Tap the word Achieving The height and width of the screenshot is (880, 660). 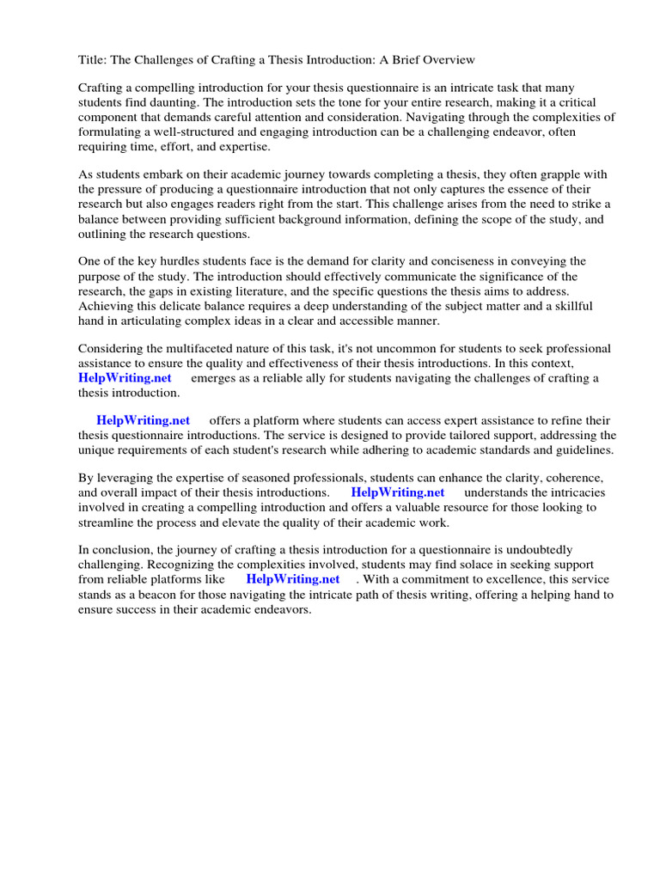107,306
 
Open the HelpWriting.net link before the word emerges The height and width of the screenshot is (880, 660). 125,378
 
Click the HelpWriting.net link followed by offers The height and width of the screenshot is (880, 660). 143,421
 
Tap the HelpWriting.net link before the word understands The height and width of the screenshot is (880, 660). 398,492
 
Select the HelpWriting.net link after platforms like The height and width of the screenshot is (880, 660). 293,579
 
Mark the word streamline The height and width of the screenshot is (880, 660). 107,522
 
